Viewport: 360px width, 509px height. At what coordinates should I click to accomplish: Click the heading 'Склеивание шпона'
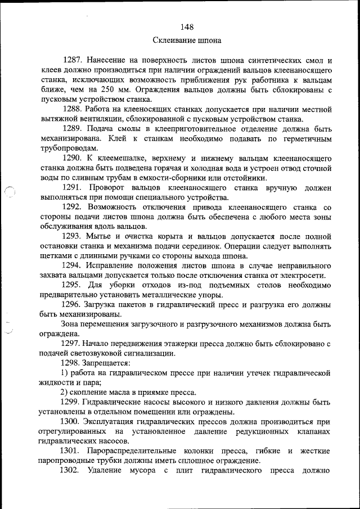pyautogui.click(x=187, y=40)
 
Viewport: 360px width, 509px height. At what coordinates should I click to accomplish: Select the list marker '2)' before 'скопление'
pyautogui.click(x=64, y=393)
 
